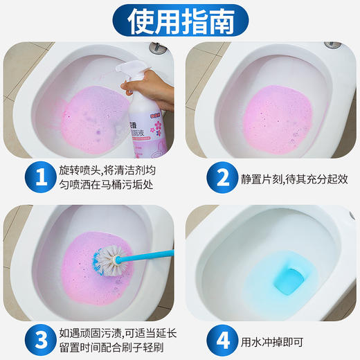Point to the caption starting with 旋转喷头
(107, 177)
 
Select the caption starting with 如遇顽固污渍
(107, 339)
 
